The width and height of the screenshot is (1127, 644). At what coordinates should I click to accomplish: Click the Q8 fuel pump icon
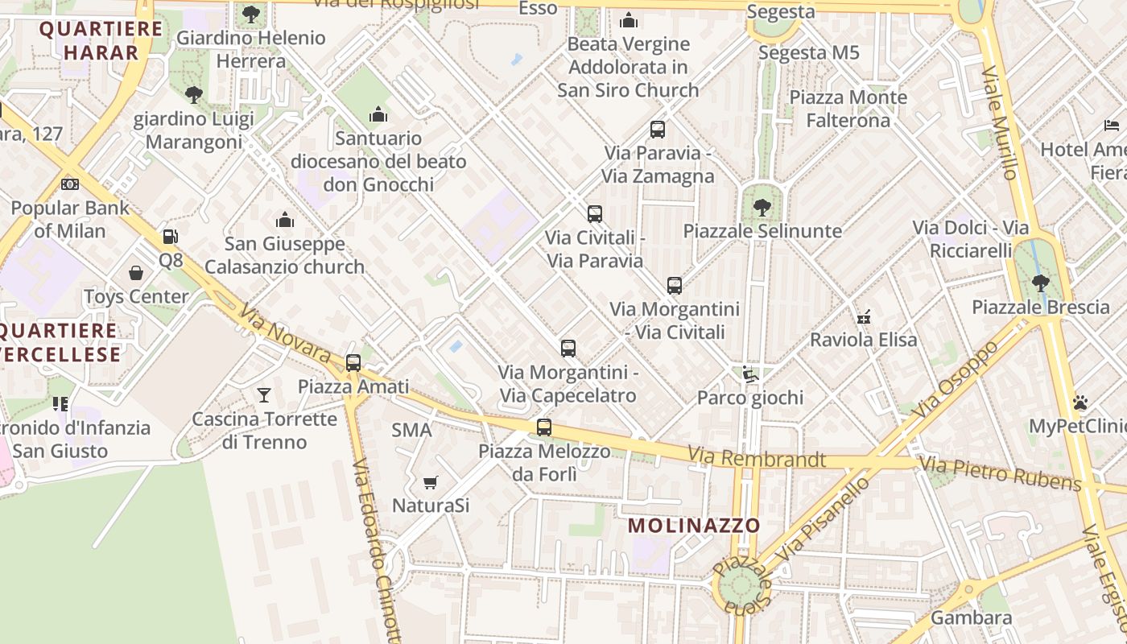(170, 237)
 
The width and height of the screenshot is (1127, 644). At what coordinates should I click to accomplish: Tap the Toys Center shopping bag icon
(136, 274)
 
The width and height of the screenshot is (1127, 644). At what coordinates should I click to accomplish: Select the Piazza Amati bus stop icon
(353, 363)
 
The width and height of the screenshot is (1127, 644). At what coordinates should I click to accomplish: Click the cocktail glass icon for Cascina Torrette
(263, 394)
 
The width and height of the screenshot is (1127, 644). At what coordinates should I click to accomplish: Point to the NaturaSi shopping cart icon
(430, 482)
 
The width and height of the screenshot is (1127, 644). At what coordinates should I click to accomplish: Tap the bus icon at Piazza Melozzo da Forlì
(544, 427)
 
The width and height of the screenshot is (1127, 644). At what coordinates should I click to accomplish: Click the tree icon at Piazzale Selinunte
(762, 208)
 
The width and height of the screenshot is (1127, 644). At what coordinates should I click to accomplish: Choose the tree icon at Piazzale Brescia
(1040, 283)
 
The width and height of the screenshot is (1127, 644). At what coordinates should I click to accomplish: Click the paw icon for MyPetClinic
(1080, 402)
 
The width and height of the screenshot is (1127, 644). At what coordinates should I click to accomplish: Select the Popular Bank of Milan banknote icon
(70, 184)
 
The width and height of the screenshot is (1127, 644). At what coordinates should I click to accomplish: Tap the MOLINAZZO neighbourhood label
(694, 526)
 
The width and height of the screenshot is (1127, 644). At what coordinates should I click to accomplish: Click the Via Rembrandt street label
(757, 459)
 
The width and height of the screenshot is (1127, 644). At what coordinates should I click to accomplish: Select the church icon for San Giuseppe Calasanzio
(284, 220)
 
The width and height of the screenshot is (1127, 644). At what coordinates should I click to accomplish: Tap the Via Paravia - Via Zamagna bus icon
(658, 130)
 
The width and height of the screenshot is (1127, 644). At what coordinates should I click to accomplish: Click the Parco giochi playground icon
(749, 374)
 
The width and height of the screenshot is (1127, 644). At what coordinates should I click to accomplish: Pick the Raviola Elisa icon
(864, 316)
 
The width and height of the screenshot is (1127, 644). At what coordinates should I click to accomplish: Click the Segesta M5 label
(809, 53)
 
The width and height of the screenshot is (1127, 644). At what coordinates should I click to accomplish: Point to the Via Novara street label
(285, 332)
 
